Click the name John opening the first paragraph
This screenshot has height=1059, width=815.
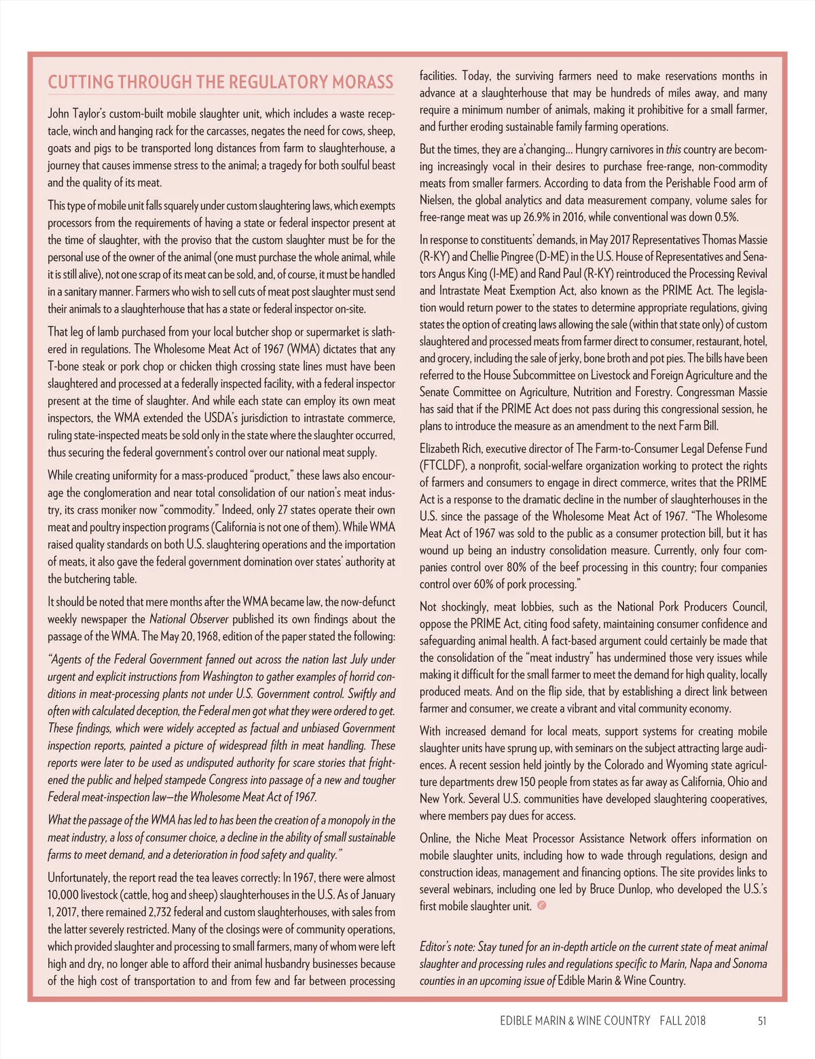[x=59, y=114]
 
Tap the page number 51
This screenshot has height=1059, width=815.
[x=762, y=1020]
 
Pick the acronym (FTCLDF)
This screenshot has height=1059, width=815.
[x=443, y=466]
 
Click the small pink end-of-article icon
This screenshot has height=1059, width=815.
[x=541, y=905]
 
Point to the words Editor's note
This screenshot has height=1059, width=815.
[x=448, y=947]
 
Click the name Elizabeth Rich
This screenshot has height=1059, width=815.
[x=449, y=449]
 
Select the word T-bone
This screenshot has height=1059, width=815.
[x=63, y=366]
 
